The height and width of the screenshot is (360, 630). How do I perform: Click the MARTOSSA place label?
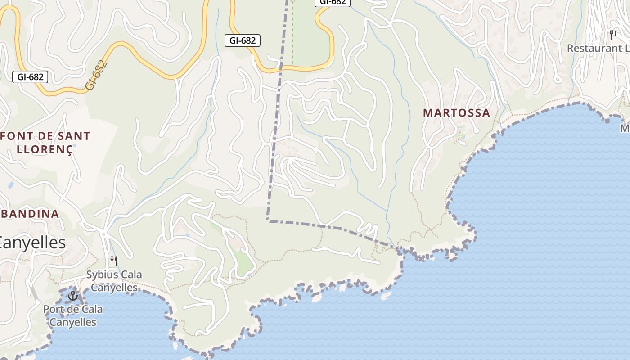(x=456, y=113)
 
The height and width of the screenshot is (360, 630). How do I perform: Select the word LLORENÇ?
(x=45, y=149)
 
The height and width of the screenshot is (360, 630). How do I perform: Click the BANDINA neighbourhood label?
(x=30, y=214)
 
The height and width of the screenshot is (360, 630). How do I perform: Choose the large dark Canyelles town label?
(x=33, y=243)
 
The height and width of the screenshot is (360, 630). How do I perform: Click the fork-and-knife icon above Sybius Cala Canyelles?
(x=114, y=261)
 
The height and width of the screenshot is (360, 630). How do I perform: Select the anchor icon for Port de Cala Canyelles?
(x=72, y=296)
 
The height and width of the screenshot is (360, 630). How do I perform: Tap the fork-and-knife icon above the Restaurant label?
(x=613, y=35)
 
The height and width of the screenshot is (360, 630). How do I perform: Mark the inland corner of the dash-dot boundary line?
(x=268, y=220)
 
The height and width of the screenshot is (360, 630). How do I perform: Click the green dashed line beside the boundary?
(x=292, y=36)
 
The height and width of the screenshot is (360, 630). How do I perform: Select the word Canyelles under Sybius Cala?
(x=114, y=288)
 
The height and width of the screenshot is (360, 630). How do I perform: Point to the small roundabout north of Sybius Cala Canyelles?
(x=103, y=234)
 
